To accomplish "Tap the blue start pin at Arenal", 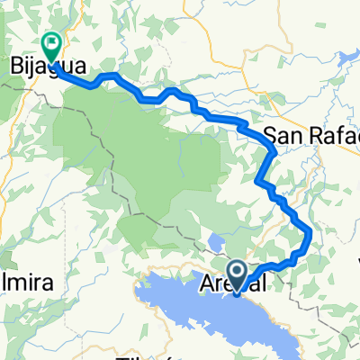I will click(x=237, y=274).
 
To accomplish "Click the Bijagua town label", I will click(x=43, y=66).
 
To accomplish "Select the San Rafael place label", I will click(x=311, y=136).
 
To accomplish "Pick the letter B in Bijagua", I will click(x=15, y=66).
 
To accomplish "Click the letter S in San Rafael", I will click(x=270, y=136).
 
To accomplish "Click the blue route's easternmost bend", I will click(x=310, y=235).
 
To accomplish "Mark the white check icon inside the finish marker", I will click(x=51, y=40).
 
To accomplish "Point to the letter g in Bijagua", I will click(x=49, y=67).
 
